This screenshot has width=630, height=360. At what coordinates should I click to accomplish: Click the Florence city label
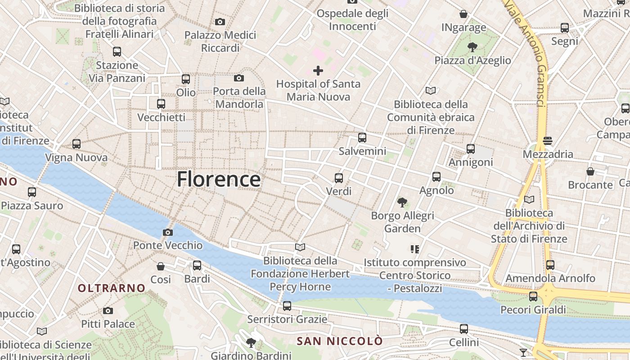coord(219,179)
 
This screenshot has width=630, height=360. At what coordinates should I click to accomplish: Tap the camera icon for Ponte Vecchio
coord(168,232)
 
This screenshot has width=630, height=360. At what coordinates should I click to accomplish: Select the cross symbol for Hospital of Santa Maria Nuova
coord(318,71)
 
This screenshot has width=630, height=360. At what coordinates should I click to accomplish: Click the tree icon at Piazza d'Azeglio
coord(472,47)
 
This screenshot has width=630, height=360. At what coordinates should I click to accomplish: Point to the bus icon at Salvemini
coord(362,138)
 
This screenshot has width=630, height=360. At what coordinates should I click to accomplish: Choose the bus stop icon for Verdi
coord(339,178)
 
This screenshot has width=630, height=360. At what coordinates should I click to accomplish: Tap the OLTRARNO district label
coord(112,288)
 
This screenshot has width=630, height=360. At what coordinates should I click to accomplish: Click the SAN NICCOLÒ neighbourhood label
coord(340,341)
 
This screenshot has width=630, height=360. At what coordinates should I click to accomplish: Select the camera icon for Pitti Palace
coord(108,310)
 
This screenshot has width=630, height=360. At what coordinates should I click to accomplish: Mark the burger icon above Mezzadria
coord(548,141)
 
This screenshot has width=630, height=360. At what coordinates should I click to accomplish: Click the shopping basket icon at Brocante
coord(590,171)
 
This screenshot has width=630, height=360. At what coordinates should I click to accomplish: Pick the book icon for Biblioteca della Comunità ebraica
coord(431,90)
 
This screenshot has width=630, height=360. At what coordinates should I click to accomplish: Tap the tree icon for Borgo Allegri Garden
coord(402,202)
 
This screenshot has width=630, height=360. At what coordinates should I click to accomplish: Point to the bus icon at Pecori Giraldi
coord(533,296)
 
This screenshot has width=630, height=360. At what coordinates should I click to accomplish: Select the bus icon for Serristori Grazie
coord(287,306)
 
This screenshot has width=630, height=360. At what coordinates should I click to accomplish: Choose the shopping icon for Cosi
coord(161,266)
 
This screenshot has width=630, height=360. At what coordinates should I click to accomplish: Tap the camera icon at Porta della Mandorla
coord(239,78)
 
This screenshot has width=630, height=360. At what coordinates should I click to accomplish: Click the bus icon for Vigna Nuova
coord(76,144)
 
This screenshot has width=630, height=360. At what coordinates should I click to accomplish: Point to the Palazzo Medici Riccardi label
coord(220,41)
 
